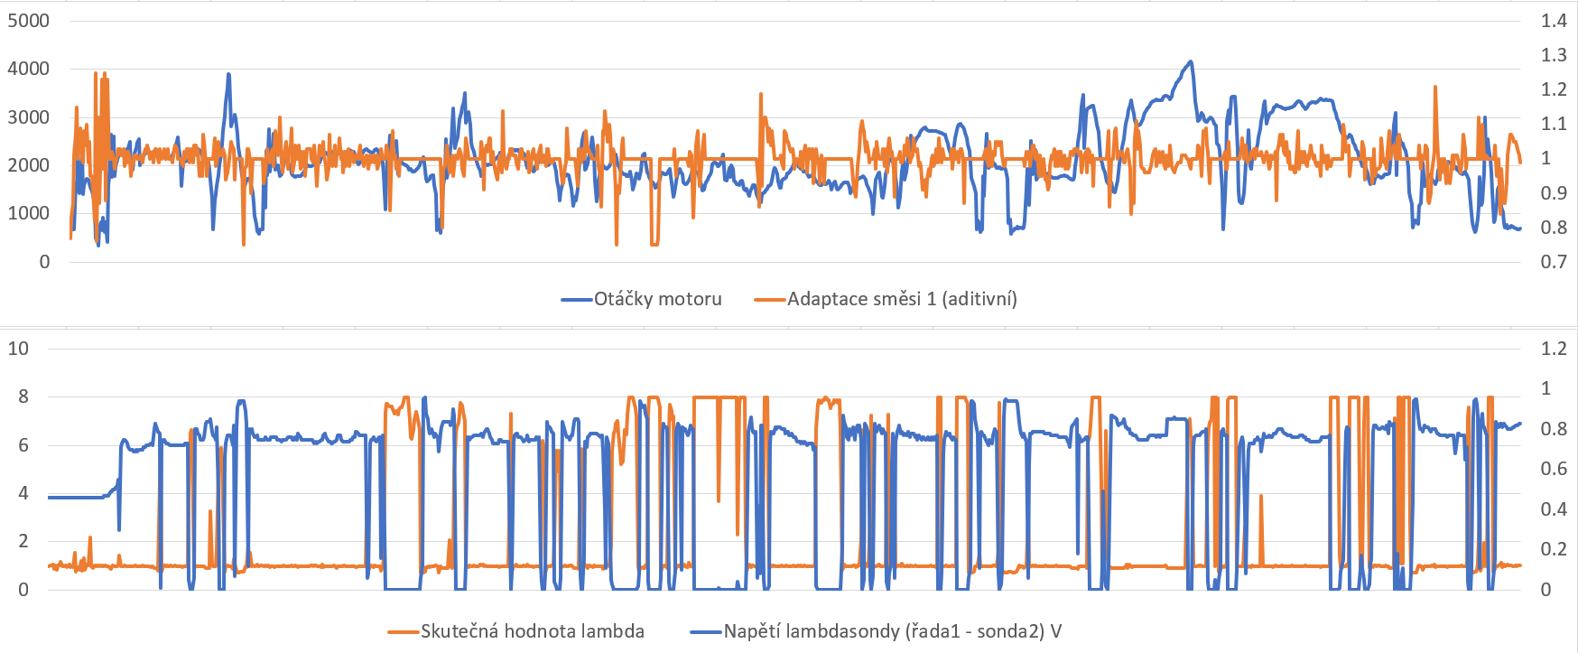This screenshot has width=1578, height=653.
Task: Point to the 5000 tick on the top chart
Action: (x=28, y=21)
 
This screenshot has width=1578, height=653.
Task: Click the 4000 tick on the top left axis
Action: (x=28, y=69)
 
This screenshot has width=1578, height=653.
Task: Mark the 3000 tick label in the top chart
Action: (x=28, y=117)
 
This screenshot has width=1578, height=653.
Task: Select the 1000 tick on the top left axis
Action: (x=28, y=214)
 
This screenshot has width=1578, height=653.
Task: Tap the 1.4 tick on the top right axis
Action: (x=1554, y=21)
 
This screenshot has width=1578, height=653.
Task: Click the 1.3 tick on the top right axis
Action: (x=1554, y=55)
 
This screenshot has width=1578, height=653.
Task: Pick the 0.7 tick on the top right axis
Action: (x=1554, y=262)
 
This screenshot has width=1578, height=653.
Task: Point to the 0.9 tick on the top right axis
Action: (x=1554, y=193)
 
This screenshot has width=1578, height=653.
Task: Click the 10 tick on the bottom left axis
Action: (x=18, y=349)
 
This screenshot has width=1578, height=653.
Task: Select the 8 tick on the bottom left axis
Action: (x=23, y=396)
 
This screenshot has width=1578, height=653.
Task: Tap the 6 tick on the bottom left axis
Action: (x=23, y=445)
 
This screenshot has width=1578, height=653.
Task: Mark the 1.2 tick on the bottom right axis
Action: (x=1554, y=349)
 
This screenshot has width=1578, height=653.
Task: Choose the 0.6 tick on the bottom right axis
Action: (x=1554, y=469)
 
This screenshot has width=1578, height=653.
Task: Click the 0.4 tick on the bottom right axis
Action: (x=1554, y=509)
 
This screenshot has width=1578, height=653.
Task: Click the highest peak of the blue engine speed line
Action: (x=1191, y=62)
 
